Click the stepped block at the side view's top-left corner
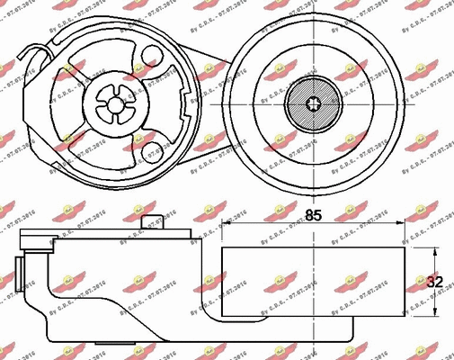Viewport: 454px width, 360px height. pyautogui.click(x=36, y=238)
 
